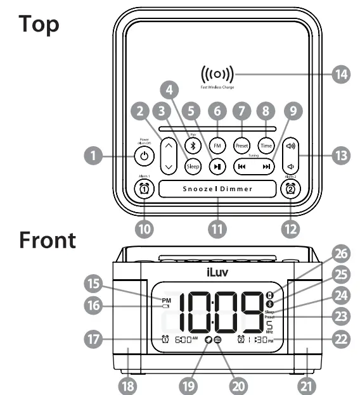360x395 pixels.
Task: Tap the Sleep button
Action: tap(193, 166)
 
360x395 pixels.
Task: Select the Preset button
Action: tap(241, 144)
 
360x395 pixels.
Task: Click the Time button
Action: tap(266, 144)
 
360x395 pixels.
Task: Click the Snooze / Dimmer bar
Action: tap(217, 189)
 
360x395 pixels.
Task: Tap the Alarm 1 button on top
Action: tap(145, 188)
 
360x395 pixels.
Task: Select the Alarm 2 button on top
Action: tap(290, 188)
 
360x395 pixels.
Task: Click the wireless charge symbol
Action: tap(217, 74)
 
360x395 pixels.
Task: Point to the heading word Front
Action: tap(48, 241)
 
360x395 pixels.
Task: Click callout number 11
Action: tap(217, 228)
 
